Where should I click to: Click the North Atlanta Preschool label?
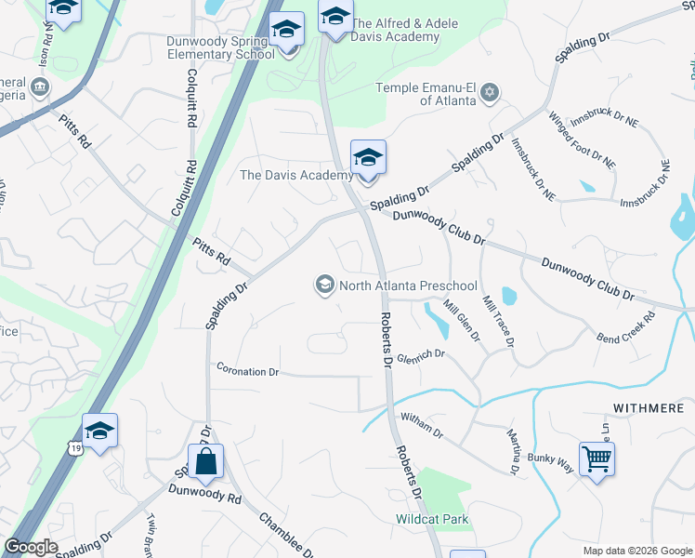tap(408, 286)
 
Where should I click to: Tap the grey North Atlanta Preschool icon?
tap(325, 284)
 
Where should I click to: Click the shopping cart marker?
tap(597, 458)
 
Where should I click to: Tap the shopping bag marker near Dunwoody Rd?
tap(204, 461)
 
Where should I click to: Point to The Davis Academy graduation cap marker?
tap(368, 159)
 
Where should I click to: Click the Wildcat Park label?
tap(431, 519)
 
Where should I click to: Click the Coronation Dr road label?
tap(248, 371)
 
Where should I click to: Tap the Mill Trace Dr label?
tap(498, 322)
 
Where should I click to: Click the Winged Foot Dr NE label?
tap(582, 139)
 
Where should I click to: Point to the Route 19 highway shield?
tap(73, 448)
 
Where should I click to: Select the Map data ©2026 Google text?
tap(637, 551)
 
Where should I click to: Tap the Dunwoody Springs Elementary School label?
tap(221, 48)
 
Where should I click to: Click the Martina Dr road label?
tap(513, 452)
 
